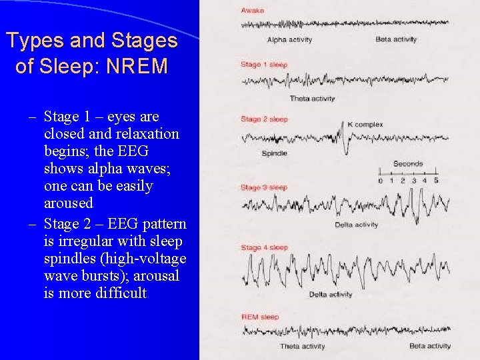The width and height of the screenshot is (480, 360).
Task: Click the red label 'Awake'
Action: tap(252, 11)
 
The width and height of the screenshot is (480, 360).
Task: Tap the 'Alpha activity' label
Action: tap(289, 40)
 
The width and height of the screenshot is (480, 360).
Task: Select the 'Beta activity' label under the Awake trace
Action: tap(396, 40)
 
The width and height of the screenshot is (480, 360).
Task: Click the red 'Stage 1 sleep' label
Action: tap(264, 65)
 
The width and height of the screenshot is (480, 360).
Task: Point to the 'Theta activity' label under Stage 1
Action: tap(312, 99)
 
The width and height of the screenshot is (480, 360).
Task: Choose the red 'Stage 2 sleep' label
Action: tap(264, 119)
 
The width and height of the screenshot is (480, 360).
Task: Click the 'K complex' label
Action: tap(365, 125)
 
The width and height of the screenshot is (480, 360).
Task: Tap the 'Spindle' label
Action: tap(275, 153)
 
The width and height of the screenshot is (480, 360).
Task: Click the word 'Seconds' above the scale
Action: tap(408, 164)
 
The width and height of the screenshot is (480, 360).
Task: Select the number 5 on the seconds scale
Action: tap(436, 181)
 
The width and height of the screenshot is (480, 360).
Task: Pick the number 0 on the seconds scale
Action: tap(381, 181)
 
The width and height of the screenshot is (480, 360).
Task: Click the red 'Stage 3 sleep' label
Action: tap(264, 187)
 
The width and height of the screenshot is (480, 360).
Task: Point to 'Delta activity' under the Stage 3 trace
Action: tap(357, 225)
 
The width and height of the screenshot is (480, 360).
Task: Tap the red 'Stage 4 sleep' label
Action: tap(264, 248)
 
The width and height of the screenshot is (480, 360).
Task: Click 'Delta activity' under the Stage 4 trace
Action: tap(331, 295)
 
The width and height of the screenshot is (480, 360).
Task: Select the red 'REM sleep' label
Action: tap(260, 317)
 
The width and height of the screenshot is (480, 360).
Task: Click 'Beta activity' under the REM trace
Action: tap(430, 346)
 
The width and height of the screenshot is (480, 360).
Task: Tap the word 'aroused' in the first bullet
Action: tap(69, 203)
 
